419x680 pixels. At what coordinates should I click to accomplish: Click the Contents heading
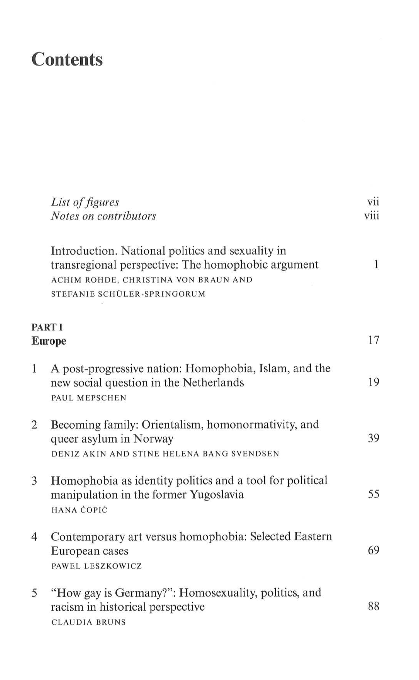click(67, 59)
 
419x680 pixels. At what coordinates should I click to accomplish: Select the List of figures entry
click(85, 202)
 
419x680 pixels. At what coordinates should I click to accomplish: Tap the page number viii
click(372, 216)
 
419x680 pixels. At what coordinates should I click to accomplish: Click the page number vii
click(373, 202)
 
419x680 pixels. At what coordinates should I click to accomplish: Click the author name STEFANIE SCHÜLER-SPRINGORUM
click(128, 294)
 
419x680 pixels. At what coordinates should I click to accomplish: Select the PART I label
click(47, 327)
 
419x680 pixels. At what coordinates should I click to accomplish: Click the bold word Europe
click(49, 341)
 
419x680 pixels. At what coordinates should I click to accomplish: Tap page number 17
click(373, 340)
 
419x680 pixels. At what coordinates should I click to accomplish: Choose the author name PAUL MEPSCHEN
click(89, 398)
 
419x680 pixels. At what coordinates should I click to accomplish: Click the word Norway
click(153, 439)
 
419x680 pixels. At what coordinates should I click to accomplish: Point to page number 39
click(373, 438)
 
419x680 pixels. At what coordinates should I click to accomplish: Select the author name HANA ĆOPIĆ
click(79, 510)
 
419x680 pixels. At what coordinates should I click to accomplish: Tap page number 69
click(373, 550)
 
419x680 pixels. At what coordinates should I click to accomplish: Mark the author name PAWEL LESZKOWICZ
click(96, 566)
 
